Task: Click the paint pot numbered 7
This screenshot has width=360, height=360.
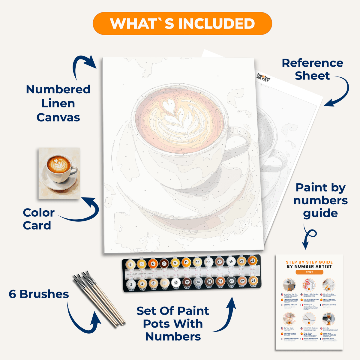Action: (164, 264)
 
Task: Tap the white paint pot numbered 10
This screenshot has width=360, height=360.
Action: (176, 283)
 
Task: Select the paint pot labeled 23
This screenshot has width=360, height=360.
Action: (252, 261)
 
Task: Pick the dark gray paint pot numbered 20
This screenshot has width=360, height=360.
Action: (231, 281)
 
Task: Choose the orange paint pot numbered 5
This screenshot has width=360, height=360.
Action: (153, 264)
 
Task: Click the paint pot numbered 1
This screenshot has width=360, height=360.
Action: (130, 265)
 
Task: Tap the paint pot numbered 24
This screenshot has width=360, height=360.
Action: (253, 281)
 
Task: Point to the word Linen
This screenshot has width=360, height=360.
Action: (58, 103)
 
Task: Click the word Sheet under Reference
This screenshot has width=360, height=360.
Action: (312, 76)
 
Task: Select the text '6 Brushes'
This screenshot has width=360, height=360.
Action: (39, 294)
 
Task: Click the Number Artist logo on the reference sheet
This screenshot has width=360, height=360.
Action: (263, 77)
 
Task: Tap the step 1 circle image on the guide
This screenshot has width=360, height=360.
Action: (289, 284)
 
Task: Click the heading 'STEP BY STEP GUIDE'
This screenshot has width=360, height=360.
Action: (309, 262)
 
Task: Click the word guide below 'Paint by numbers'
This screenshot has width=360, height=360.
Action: (320, 213)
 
